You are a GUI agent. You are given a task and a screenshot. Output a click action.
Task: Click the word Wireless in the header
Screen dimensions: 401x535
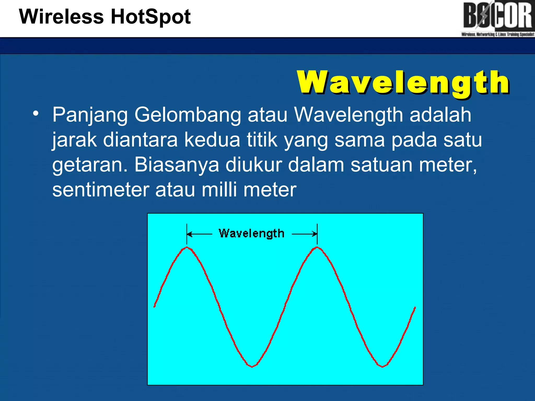(x=61, y=17)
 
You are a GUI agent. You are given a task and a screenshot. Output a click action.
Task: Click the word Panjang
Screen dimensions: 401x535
(x=90, y=115)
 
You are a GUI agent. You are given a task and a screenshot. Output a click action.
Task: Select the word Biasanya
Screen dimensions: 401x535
(x=177, y=165)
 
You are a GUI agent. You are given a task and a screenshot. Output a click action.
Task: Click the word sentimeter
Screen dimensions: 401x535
(x=101, y=190)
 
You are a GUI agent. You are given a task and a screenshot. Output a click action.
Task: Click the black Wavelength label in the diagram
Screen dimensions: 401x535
(x=251, y=233)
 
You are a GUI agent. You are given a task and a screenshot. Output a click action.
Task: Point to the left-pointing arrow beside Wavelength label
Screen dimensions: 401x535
(x=200, y=234)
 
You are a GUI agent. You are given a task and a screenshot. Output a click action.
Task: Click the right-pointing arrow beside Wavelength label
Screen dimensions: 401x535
(x=304, y=234)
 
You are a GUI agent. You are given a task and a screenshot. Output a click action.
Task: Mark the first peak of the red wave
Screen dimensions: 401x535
(x=187, y=247)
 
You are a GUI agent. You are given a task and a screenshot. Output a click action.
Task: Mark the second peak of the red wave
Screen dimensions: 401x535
(x=317, y=247)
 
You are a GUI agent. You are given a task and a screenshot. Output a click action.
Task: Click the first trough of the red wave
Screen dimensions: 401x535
(x=252, y=367)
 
